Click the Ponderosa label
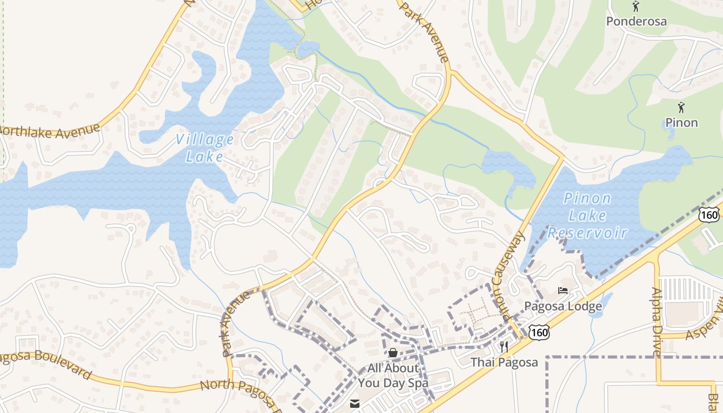click(636, 21)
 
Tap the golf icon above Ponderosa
click(636, 7)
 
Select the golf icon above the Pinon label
click(681, 107)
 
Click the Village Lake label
click(205, 148)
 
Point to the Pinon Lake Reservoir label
click(587, 215)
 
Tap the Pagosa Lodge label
click(563, 307)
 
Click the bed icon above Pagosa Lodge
click(563, 291)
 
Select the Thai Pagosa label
click(504, 362)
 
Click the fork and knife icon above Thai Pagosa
click(504, 346)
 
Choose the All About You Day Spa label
click(393, 375)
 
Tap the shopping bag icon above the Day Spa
click(393, 353)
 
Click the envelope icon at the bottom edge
click(355, 404)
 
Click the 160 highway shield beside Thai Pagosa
click(539, 333)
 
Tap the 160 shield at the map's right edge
click(710, 215)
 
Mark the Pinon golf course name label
click(681, 123)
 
